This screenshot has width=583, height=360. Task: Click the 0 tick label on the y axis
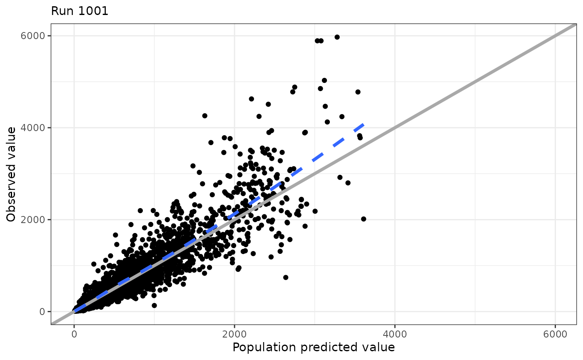pos(42,312)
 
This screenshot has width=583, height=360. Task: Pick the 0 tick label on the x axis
pos(74,334)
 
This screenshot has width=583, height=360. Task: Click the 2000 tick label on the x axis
pos(234,334)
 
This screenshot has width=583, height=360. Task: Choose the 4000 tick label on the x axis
pos(395,334)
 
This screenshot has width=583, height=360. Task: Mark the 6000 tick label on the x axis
pos(555,334)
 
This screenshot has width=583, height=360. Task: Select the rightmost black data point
pos(364,219)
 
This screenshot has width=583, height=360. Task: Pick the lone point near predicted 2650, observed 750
pos(286,277)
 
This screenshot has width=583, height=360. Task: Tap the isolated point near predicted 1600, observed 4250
pos(204,116)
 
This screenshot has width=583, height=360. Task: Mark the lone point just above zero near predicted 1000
pos(154,305)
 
